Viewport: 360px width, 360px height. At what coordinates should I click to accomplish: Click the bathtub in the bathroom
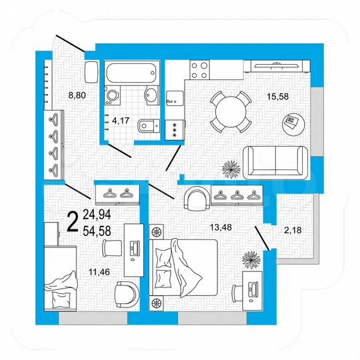tap(131, 72)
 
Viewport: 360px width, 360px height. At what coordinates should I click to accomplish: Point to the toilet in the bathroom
tap(145, 125)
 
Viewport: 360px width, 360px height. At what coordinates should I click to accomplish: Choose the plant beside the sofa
tap(230, 169)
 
